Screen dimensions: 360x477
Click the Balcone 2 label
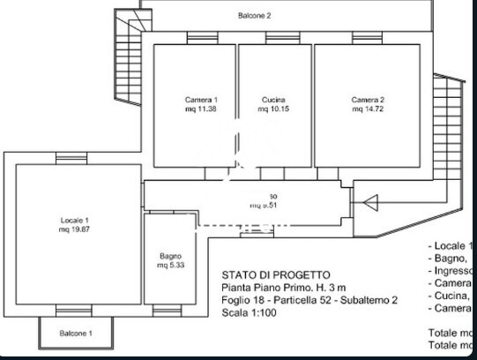pos(254,16)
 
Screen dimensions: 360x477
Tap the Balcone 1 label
pos(76,334)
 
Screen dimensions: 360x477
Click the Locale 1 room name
pos(75,219)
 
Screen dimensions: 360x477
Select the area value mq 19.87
pos(75,229)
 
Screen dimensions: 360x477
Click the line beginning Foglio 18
pos(309,300)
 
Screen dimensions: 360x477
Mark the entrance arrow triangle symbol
pos(370,204)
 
